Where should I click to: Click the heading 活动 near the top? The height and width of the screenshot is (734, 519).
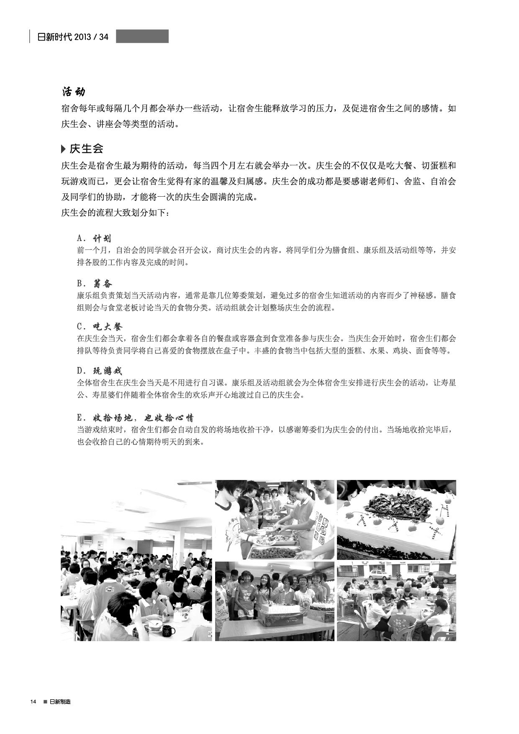point(73,91)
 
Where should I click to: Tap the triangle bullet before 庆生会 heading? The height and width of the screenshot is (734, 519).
point(63,149)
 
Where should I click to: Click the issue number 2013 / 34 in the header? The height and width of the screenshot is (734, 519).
point(91,37)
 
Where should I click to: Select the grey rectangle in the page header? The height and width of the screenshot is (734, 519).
point(142,36)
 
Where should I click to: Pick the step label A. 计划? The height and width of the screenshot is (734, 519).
point(94,239)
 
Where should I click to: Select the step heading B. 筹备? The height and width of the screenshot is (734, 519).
point(95,284)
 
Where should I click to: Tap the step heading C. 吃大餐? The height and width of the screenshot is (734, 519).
point(99,327)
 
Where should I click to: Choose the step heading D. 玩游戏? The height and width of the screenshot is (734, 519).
point(99,371)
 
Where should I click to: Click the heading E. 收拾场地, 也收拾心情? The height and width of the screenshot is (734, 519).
point(135,418)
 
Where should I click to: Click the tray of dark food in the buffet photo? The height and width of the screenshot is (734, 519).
point(272,552)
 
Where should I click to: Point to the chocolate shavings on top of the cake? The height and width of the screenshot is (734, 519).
point(396,504)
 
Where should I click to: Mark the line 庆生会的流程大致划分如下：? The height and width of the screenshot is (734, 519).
point(116,213)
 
